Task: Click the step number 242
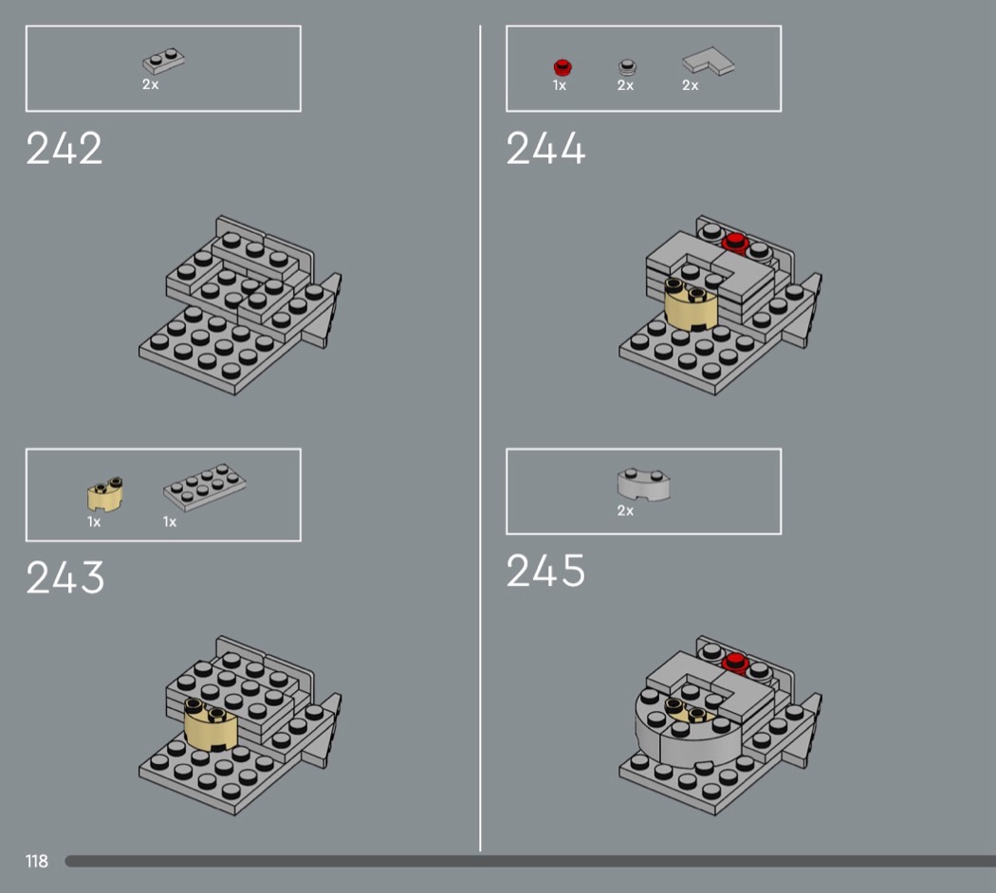(x=64, y=149)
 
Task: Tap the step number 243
(x=65, y=577)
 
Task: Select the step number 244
(x=545, y=149)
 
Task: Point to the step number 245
(x=545, y=570)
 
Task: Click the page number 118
(x=37, y=862)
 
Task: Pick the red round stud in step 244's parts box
(x=563, y=67)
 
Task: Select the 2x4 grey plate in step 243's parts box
(x=205, y=487)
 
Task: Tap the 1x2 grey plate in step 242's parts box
(x=163, y=62)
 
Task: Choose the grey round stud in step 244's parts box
(x=628, y=67)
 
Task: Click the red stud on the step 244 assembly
(x=735, y=243)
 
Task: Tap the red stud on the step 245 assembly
(x=735, y=663)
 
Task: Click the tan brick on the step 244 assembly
(x=692, y=304)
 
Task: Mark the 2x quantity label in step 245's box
(x=625, y=511)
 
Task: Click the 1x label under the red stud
(x=559, y=85)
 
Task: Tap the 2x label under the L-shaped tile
(x=690, y=85)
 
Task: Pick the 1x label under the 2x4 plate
(x=170, y=522)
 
